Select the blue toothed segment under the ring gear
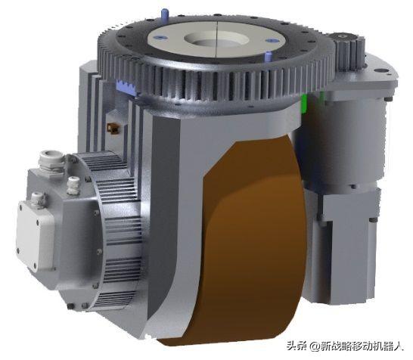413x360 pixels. (x=126, y=87)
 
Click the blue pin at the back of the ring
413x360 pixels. (x=164, y=14)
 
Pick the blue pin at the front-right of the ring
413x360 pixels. (x=268, y=57)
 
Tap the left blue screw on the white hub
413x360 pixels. (x=161, y=38)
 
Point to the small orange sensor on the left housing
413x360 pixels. (x=113, y=128)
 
